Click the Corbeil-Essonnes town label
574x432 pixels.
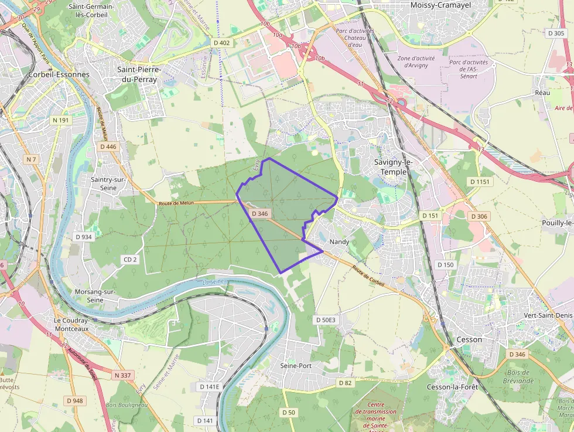click(x=59, y=74)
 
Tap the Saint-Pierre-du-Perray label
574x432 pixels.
click(x=139, y=74)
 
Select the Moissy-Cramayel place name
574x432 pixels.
click(x=440, y=5)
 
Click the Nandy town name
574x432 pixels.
click(x=339, y=241)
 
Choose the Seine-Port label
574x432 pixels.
click(x=296, y=366)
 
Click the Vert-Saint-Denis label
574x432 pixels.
click(x=548, y=315)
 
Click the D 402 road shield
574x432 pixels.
click(x=222, y=43)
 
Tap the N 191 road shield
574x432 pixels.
click(x=60, y=120)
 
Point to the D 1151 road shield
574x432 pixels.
click(x=481, y=182)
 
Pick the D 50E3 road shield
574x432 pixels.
click(x=325, y=320)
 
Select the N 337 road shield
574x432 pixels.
click(x=124, y=375)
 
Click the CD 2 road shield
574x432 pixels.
click(x=130, y=260)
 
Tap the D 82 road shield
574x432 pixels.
click(x=345, y=383)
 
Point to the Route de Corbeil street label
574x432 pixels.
click(x=368, y=276)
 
